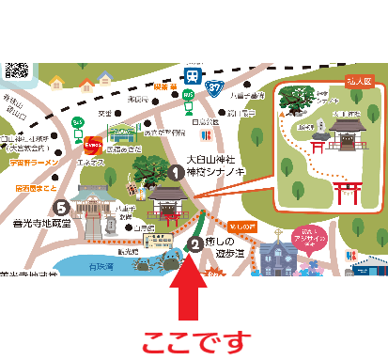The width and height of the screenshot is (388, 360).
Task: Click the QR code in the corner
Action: click(16, 71)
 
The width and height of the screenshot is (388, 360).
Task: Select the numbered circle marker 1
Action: click(176, 172)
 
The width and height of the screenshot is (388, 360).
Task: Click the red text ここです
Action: click(196, 337)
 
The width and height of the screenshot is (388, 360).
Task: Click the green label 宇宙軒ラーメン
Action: click(30, 162)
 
